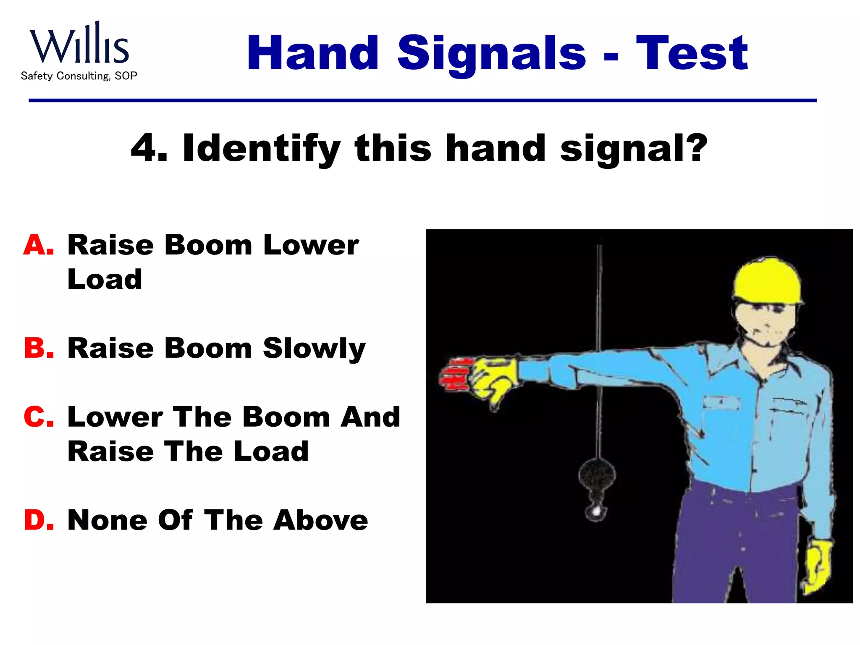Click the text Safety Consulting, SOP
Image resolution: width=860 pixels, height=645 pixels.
click(79, 76)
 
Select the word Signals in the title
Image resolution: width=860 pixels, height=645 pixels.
click(491, 54)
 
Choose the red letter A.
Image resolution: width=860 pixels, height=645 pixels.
click(39, 245)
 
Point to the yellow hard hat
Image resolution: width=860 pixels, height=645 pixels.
click(767, 281)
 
